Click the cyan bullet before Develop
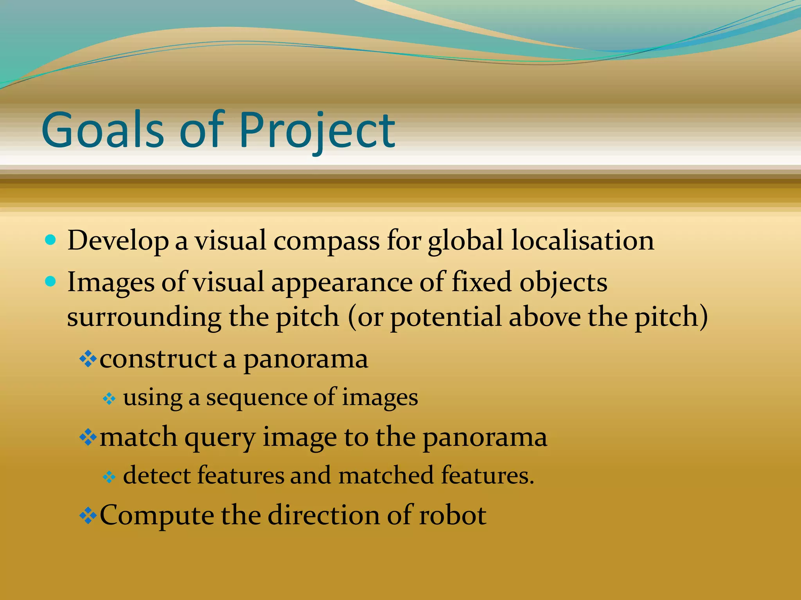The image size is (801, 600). point(51,239)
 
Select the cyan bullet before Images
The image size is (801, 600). point(51,281)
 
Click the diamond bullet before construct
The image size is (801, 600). point(88,359)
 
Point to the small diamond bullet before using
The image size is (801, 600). point(109,399)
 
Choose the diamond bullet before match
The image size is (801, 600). point(88,437)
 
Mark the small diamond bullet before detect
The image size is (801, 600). point(109,477)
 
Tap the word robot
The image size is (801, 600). point(453,515)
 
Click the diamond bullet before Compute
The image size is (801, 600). point(88,515)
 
